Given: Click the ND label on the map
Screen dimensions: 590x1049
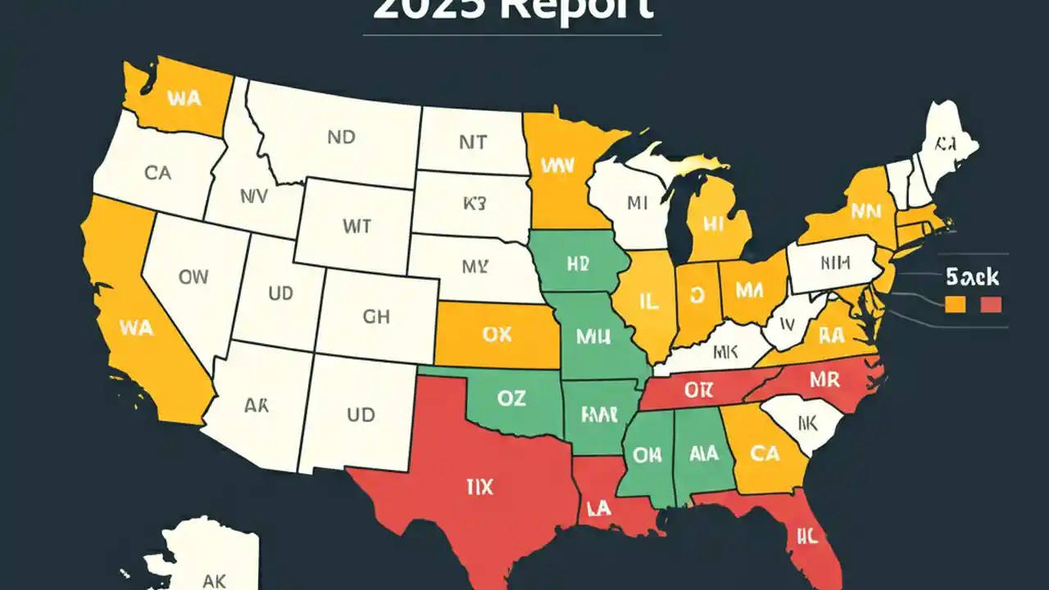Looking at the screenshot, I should pyautogui.click(x=341, y=138).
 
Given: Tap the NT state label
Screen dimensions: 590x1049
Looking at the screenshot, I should pyautogui.click(x=472, y=143).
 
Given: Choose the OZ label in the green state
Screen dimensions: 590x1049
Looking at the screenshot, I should pyautogui.click(x=511, y=398).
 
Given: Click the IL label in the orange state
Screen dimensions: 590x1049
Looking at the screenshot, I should pyautogui.click(x=648, y=302).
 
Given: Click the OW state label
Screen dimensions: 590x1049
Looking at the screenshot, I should pyautogui.click(x=193, y=277).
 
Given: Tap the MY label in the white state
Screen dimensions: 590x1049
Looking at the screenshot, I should pyautogui.click(x=475, y=266).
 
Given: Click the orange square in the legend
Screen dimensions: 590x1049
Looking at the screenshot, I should pyautogui.click(x=954, y=304).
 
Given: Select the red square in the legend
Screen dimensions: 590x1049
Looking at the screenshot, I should pyautogui.click(x=991, y=304).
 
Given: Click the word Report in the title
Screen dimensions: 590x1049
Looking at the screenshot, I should pyautogui.click(x=574, y=8).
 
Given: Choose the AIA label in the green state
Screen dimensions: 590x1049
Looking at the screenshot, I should pyautogui.click(x=705, y=453).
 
